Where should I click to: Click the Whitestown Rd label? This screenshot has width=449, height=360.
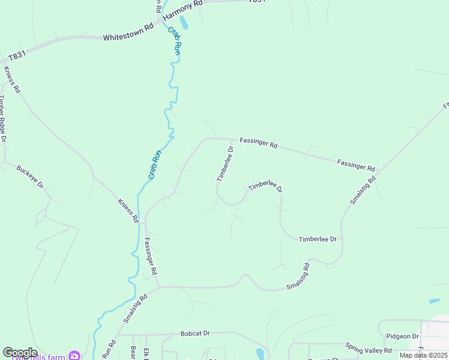pyautogui.click(x=128, y=37)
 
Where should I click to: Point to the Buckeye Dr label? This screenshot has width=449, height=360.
pyautogui.click(x=30, y=176)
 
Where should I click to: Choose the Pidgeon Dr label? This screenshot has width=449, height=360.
pyautogui.click(x=402, y=336)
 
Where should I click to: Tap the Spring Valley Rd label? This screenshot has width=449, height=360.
pyautogui.click(x=368, y=347)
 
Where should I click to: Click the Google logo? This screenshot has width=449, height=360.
pyautogui.click(x=20, y=353)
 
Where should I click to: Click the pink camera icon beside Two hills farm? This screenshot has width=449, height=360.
pyautogui.click(x=74, y=356)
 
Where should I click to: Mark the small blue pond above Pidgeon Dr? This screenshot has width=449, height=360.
pyautogui.click(x=434, y=301)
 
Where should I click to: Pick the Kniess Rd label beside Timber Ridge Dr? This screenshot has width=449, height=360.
pyautogui.click(x=12, y=80)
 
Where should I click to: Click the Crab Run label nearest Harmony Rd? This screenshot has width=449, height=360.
pyautogui.click(x=175, y=41)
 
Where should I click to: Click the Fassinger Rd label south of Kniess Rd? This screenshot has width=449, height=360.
pyautogui.click(x=151, y=256)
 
